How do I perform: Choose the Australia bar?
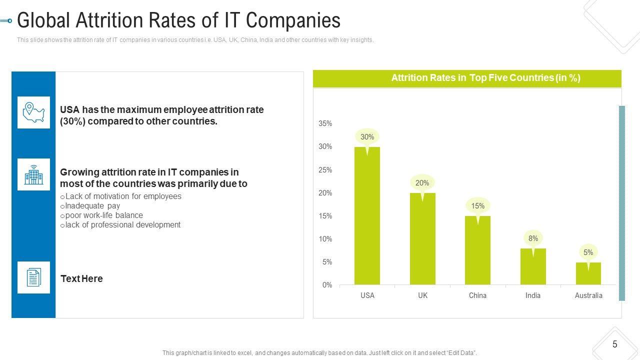(588, 273)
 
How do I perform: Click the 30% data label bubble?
(367, 136)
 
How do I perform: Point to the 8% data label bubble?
(533, 238)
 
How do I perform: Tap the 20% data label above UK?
(422, 183)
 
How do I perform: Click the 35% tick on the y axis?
(325, 123)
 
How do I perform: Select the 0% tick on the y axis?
(327, 285)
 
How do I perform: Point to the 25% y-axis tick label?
(325, 170)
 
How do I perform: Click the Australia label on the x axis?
(588, 295)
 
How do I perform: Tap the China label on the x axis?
(477, 295)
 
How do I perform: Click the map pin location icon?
(33, 112)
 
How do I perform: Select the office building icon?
(33, 174)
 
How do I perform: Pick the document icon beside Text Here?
(33, 277)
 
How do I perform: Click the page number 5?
(614, 344)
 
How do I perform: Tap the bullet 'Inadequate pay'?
(92, 205)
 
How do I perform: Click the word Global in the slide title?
(43, 21)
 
